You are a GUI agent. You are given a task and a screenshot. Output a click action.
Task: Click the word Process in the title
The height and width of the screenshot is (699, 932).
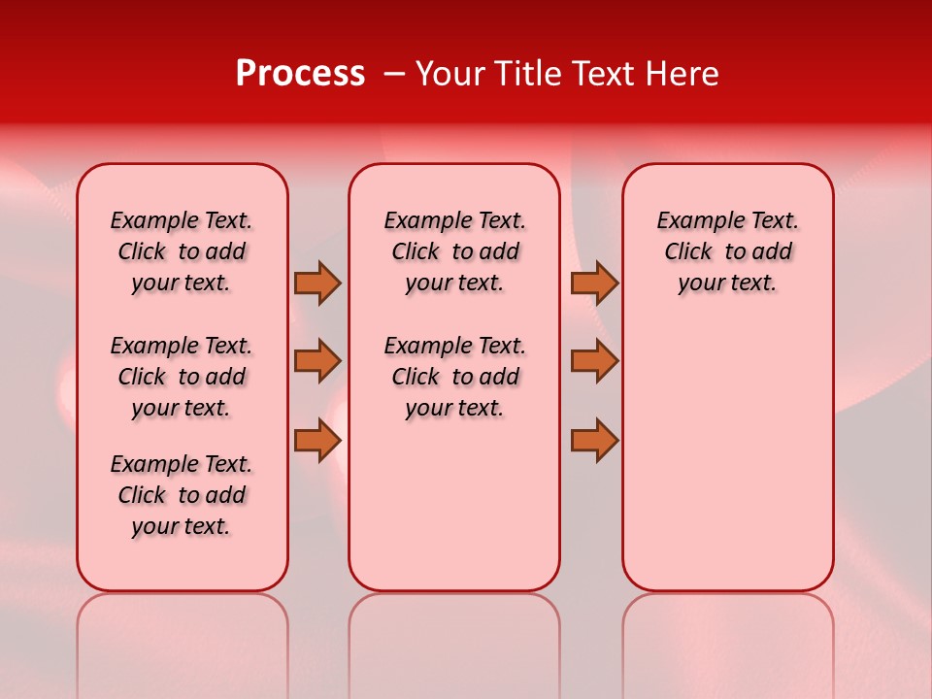point(300,74)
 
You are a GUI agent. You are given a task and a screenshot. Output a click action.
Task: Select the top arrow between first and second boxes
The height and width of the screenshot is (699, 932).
point(317,283)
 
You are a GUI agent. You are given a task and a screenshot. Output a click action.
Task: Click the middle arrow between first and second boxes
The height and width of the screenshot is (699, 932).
point(317,361)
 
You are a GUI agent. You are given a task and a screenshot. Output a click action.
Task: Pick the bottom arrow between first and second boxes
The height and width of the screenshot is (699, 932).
point(317,440)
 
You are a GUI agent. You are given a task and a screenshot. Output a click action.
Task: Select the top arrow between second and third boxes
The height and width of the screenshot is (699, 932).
point(594,283)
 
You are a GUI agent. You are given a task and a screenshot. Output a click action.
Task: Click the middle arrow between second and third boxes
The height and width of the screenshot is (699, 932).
point(594,361)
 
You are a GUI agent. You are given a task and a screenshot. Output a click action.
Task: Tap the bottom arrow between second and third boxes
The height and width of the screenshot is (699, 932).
point(594,440)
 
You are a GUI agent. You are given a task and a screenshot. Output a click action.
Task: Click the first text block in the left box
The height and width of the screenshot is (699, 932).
point(182,251)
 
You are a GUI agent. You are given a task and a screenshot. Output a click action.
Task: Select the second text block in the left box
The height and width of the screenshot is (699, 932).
point(182,377)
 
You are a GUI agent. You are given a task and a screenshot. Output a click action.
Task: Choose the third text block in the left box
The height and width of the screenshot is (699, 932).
point(182,495)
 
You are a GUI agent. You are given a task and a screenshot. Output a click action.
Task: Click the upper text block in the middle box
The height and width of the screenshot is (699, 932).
point(454,251)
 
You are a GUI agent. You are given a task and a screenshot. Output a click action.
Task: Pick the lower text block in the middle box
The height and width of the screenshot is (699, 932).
point(454,377)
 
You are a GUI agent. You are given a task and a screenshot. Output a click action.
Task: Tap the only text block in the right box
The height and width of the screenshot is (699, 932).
point(727,251)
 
